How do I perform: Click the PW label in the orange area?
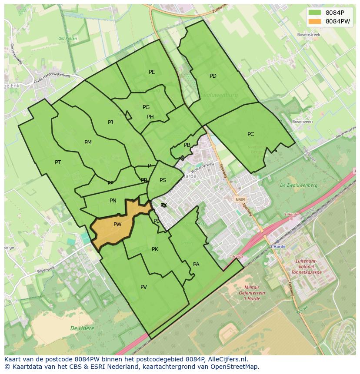(x=117, y=225)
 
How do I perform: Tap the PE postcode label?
(x=152, y=72)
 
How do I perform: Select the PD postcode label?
(x=213, y=76)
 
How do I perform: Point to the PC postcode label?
(x=250, y=134)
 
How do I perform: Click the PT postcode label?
(x=58, y=162)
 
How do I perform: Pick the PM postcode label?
(x=88, y=142)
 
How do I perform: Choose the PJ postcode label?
(x=110, y=122)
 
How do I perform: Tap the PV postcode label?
(x=143, y=287)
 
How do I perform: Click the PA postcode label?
(x=196, y=264)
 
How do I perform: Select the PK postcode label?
(x=155, y=249)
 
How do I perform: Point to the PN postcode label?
(x=113, y=201)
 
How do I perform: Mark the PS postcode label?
(x=163, y=180)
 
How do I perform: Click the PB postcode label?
(x=187, y=145)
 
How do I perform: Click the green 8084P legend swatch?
(x=315, y=13)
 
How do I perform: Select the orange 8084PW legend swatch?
(x=315, y=21)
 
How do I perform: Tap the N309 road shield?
(x=240, y=200)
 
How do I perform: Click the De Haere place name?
(x=82, y=328)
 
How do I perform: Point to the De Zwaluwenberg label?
(x=299, y=185)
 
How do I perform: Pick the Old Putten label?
(x=67, y=39)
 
